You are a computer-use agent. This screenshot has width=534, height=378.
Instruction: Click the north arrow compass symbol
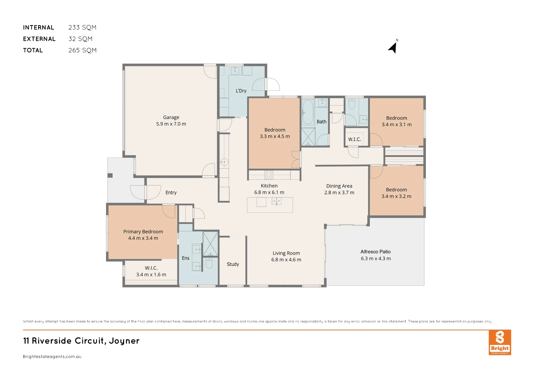click(x=393, y=47)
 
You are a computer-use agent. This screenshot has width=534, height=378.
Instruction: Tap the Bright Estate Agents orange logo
click(x=500, y=342)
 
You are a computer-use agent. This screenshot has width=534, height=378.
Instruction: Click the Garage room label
click(x=171, y=117)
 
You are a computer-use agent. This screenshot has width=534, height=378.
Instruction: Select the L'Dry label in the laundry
click(x=241, y=91)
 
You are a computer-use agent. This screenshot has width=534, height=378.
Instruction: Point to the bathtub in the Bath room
click(x=308, y=112)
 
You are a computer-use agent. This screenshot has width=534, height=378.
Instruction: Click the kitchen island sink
click(x=276, y=201)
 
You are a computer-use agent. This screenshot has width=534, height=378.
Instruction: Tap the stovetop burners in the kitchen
click(x=269, y=175)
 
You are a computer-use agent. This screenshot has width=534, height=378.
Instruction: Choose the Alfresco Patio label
click(x=376, y=252)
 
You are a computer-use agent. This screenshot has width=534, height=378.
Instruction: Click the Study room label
click(x=233, y=264)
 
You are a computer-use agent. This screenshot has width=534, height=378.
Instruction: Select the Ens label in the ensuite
click(x=186, y=258)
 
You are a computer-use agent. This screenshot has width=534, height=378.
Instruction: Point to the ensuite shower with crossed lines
click(x=210, y=244)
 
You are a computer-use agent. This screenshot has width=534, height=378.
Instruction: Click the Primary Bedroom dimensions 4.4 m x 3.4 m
click(x=143, y=238)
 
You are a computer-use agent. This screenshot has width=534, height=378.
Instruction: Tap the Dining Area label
click(x=339, y=186)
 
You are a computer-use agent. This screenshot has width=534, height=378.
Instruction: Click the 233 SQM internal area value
click(x=82, y=28)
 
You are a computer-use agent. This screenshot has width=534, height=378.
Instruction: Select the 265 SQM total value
click(x=82, y=50)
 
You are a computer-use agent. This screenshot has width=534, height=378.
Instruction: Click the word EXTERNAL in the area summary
click(x=39, y=39)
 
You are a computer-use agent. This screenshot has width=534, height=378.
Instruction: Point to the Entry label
click(x=171, y=192)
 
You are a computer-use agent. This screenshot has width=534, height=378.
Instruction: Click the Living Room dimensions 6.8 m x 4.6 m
click(x=286, y=260)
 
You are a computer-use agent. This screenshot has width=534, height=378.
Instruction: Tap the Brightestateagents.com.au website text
click(x=52, y=357)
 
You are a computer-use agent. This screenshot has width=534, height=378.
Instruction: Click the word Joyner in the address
click(x=124, y=341)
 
